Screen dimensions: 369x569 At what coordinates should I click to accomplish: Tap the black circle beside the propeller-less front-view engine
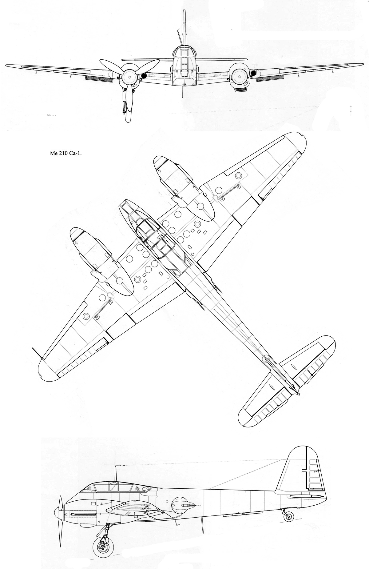[253, 73]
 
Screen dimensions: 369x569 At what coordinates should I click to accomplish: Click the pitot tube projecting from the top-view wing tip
[37, 354]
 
